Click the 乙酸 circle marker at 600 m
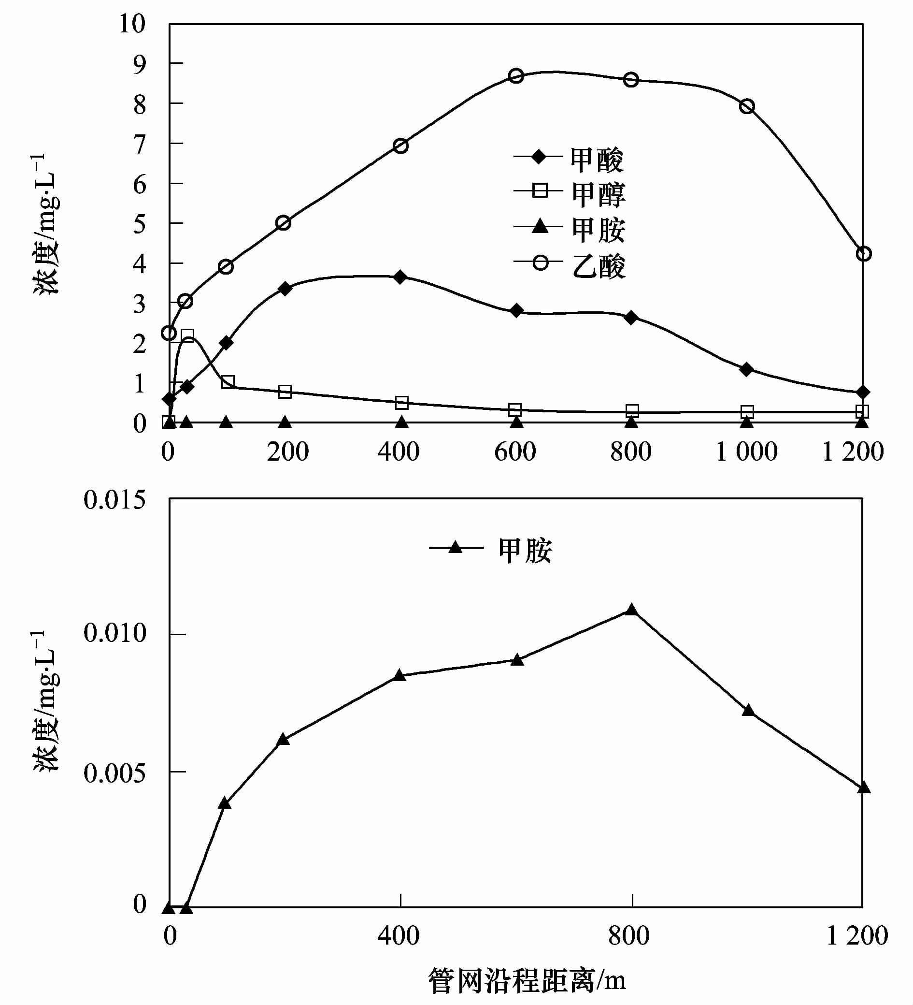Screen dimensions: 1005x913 click(x=516, y=76)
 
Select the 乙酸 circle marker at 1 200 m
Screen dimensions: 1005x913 click(x=863, y=253)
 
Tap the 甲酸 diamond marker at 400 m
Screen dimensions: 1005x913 click(x=400, y=277)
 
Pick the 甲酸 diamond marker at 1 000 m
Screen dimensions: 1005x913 click(x=746, y=369)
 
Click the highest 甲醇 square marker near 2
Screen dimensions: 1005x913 click(x=187, y=335)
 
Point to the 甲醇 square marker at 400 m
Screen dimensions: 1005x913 click(x=401, y=402)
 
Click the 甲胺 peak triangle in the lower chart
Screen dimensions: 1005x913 click(x=631, y=610)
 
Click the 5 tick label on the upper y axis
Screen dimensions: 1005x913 click(x=140, y=223)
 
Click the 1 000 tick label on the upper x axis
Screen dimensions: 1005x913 click(x=746, y=452)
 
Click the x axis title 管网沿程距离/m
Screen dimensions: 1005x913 click(x=527, y=980)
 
